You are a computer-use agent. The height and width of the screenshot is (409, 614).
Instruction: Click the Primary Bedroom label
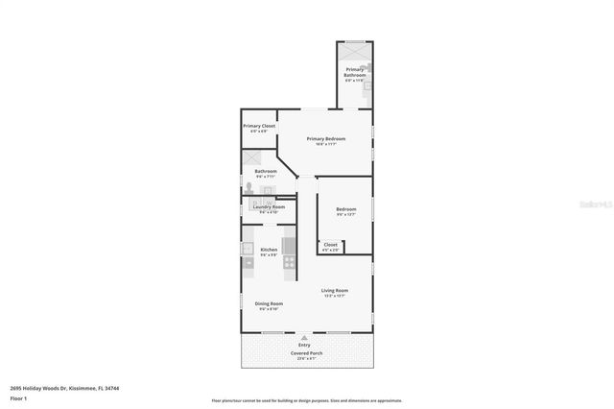pos(326,139)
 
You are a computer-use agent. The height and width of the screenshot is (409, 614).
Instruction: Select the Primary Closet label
pos(259,126)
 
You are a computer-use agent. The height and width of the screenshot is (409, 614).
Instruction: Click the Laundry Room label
pos(269,206)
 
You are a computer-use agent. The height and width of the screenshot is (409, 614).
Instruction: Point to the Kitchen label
pos(269,250)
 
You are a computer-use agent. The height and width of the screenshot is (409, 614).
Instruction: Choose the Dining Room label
pos(269,303)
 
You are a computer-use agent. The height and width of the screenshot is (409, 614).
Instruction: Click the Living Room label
pos(334,290)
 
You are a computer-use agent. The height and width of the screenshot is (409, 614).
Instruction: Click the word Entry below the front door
pos(304,345)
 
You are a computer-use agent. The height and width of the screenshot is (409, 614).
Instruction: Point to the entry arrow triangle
pos(304,338)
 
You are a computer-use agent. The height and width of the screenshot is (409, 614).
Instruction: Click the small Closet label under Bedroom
pos(330,245)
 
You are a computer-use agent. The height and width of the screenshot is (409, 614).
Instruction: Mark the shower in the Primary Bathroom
pos(355,49)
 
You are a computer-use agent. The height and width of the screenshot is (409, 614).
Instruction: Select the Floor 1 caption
pos(18,397)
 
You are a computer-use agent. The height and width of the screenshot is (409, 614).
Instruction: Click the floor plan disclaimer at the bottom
pos(306,400)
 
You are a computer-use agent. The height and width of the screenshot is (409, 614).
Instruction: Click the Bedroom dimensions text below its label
pos(345,215)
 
